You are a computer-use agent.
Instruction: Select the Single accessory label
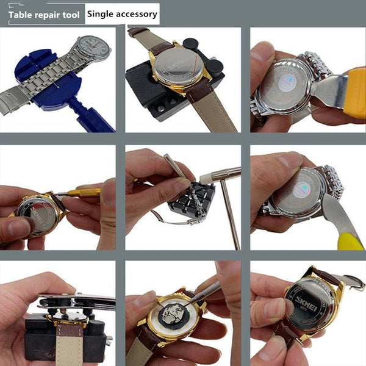pyautogui.click(x=122, y=13)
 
